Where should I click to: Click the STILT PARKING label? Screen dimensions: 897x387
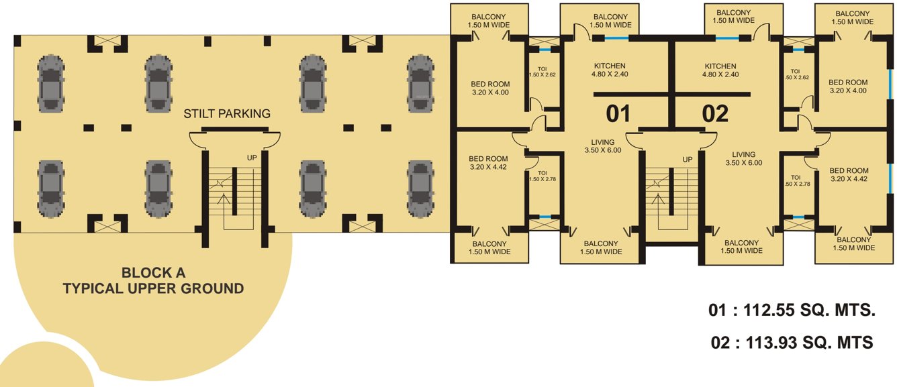coord(227,113)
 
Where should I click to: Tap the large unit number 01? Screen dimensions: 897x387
coord(618,113)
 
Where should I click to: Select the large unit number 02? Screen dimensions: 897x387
coord(715,114)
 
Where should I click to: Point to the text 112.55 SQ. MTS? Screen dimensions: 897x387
coord(809,310)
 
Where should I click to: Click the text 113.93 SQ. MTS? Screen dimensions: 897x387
coord(809,343)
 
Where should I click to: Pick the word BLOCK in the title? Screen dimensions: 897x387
coord(140,273)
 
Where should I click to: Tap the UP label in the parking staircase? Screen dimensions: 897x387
coord(252,158)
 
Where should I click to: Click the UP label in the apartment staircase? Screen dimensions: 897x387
coord(687,159)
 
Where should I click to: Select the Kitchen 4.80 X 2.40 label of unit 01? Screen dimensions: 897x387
coord(610,70)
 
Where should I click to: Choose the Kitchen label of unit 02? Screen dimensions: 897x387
coord(720,70)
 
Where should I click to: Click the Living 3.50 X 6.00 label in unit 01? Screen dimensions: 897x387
coord(603,146)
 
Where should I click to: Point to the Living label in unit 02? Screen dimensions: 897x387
coord(744,158)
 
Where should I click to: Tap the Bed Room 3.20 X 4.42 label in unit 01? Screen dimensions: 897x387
coord(488,163)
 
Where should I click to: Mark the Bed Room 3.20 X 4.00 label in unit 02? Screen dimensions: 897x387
coord(848,87)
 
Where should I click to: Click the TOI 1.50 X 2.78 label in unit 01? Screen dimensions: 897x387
coord(542,176)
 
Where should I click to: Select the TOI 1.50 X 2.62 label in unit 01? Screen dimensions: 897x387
coord(542,72)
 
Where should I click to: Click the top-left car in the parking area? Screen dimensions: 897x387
coord(51,83)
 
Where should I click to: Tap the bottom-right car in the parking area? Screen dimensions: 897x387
coord(420,189)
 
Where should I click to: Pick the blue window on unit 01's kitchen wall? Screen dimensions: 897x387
coord(616,38)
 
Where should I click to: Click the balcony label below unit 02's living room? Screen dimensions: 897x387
coord(741,247)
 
